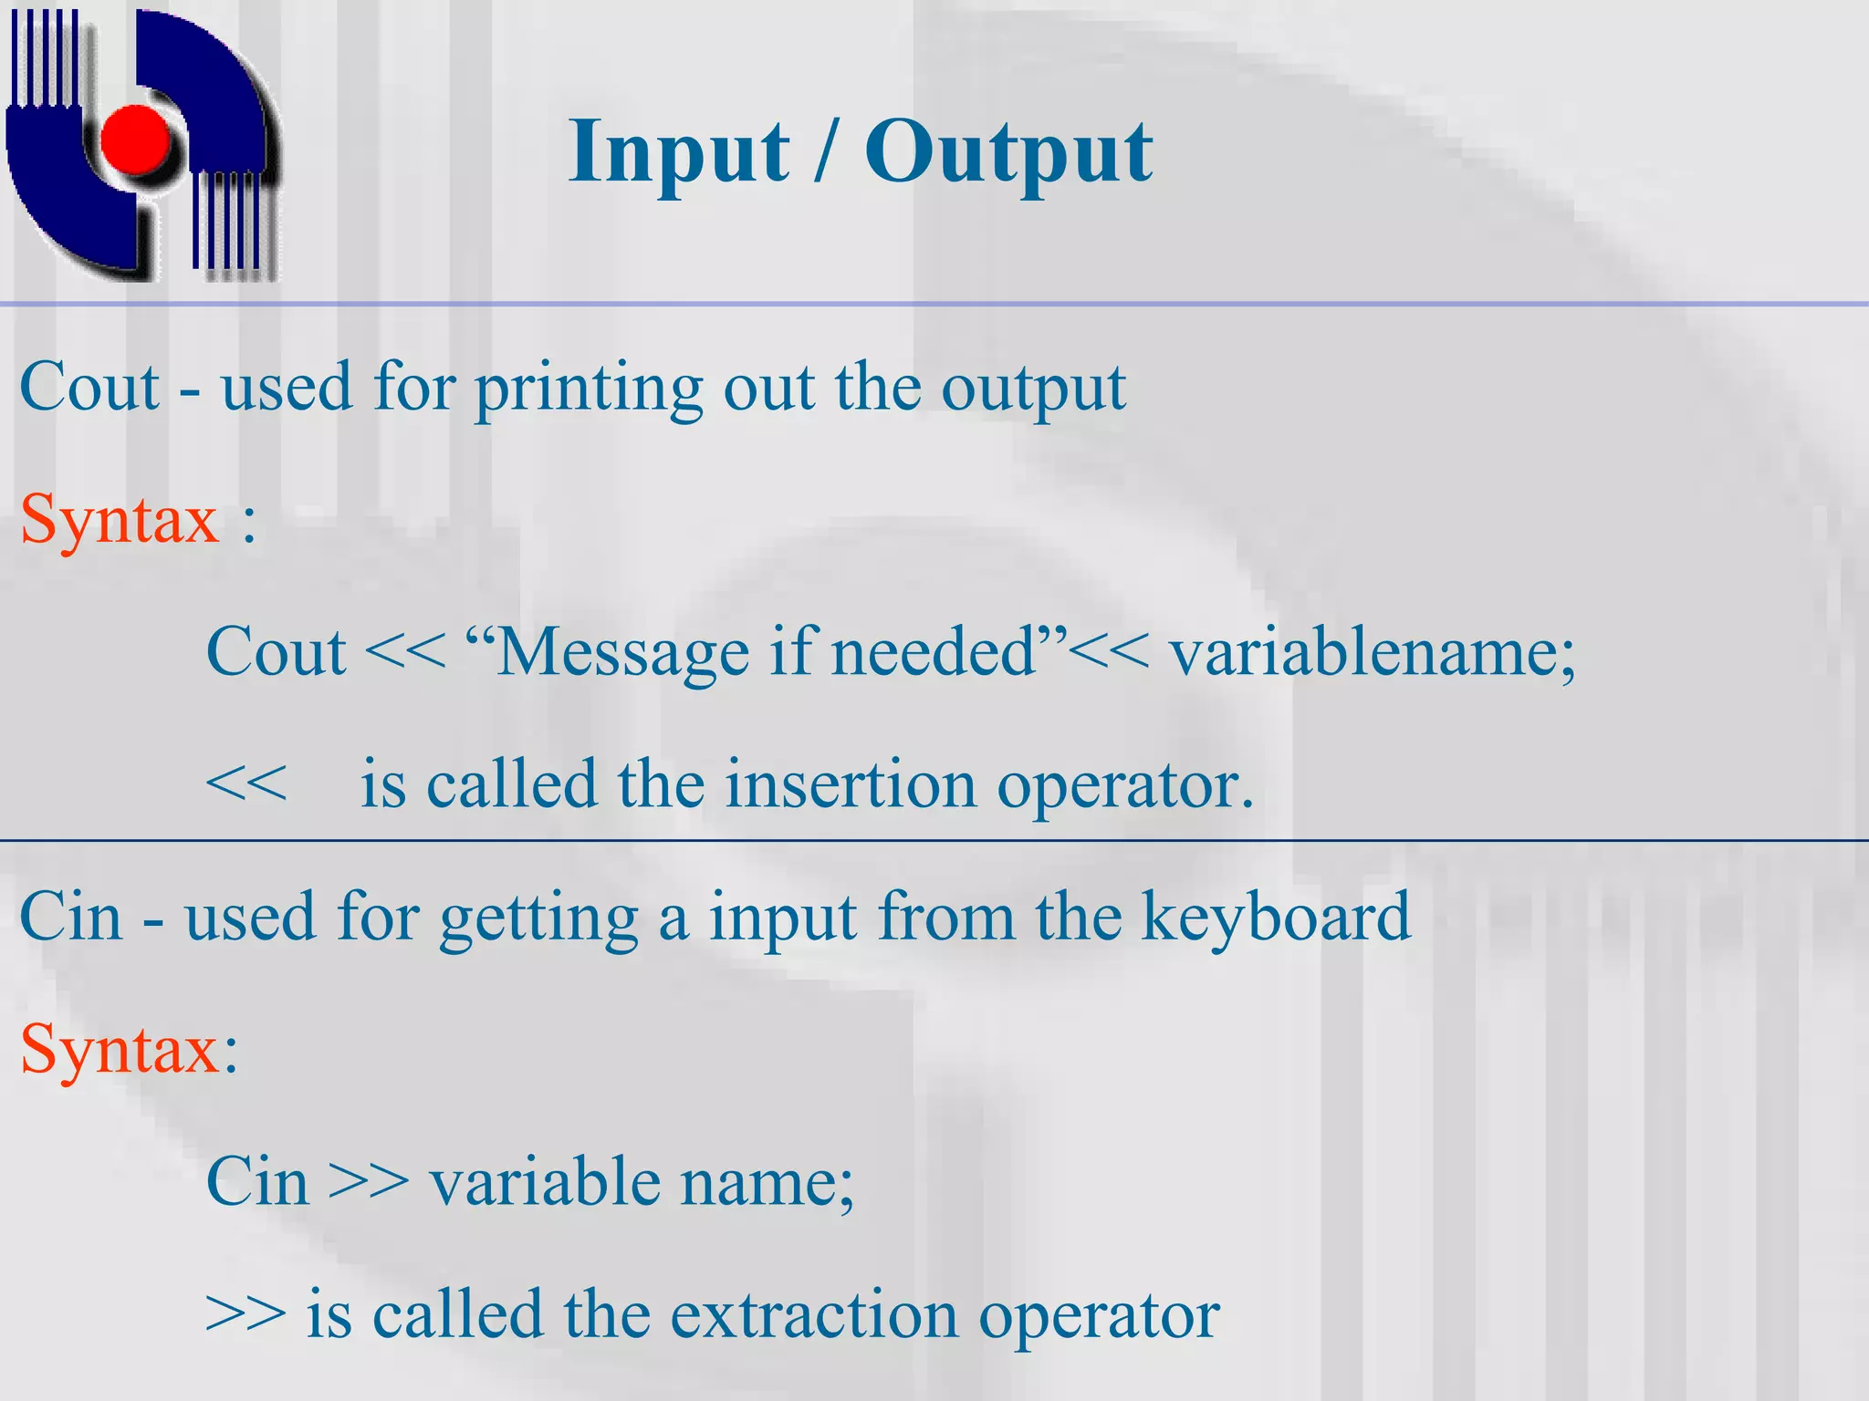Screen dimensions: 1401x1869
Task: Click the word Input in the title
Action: (x=678, y=152)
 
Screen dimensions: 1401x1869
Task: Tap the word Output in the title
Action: (x=1008, y=152)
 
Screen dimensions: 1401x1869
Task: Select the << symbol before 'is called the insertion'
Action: (x=245, y=785)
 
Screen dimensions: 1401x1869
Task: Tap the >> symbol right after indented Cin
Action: (x=369, y=1182)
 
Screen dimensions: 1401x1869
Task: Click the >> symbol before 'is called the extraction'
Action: (x=245, y=1315)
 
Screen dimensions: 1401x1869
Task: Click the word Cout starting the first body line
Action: (x=89, y=388)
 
